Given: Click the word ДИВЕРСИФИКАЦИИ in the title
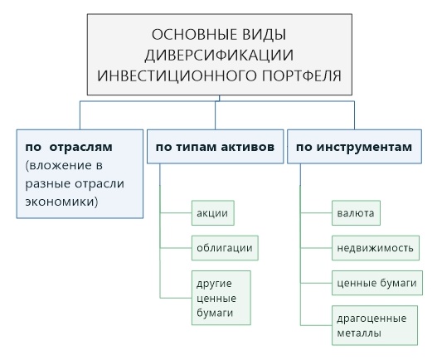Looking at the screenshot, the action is coord(219,55).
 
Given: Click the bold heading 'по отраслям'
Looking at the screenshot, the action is coord(69,147).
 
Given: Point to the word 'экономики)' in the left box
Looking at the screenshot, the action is coord(61,202).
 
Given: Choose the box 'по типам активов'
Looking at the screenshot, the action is coord(215,146).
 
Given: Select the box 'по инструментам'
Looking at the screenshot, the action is coord(354,146).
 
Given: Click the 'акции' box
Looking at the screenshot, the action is coord(213,213).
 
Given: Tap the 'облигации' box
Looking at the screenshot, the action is coord(225,248).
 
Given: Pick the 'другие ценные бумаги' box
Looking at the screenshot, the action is coord(221,298).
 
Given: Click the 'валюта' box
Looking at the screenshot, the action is coord(356,213).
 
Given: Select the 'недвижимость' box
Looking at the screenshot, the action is coord(376,248).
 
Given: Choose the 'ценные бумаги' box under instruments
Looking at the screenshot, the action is coord(377,283).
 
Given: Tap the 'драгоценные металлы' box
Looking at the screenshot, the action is coord(375,325).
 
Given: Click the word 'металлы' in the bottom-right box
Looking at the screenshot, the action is coord(359,333).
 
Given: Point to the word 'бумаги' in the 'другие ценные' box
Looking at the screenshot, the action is coord(215,313).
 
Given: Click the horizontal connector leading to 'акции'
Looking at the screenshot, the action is coord(176,213).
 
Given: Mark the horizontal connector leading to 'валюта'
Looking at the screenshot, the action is coord(316,213).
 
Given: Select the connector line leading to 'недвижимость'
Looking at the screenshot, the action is coord(316,248).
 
